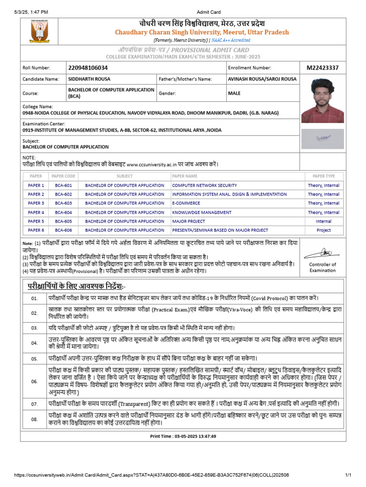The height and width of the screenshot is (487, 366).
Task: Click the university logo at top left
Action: [40, 32]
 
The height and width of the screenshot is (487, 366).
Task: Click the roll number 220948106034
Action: [88, 68]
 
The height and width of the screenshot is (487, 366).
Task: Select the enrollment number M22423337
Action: [323, 68]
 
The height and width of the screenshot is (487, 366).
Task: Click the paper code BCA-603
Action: [63, 203]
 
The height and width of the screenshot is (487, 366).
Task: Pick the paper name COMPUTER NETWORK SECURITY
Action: [204, 185]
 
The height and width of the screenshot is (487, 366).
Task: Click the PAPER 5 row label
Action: [36, 221]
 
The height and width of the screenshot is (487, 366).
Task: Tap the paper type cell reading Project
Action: [324, 230]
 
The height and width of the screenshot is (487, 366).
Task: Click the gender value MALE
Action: [234, 93]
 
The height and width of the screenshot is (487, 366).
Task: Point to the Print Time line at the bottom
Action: [183, 436]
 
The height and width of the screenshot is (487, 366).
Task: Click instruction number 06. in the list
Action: [34, 381]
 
